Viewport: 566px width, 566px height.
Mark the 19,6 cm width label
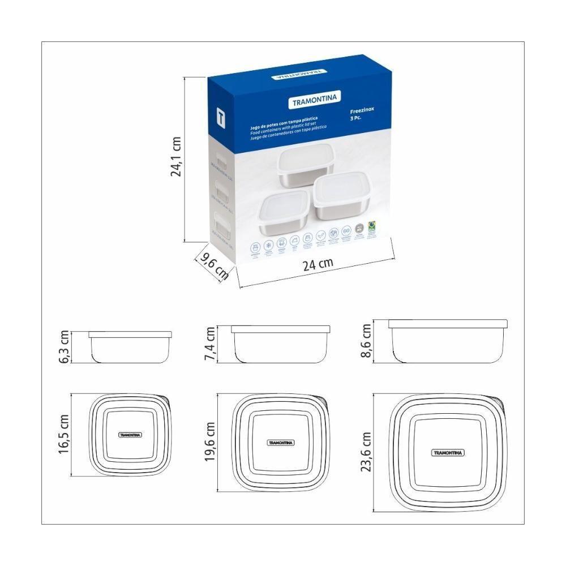pyautogui.click(x=209, y=441)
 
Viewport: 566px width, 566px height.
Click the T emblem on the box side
pyautogui.click(x=221, y=117)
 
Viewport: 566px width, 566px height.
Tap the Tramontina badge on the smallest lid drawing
pyautogui.click(x=130, y=435)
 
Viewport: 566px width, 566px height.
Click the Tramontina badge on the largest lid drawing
pyautogui.click(x=448, y=452)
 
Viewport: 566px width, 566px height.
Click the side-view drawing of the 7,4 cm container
pyautogui.click(x=280, y=344)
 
